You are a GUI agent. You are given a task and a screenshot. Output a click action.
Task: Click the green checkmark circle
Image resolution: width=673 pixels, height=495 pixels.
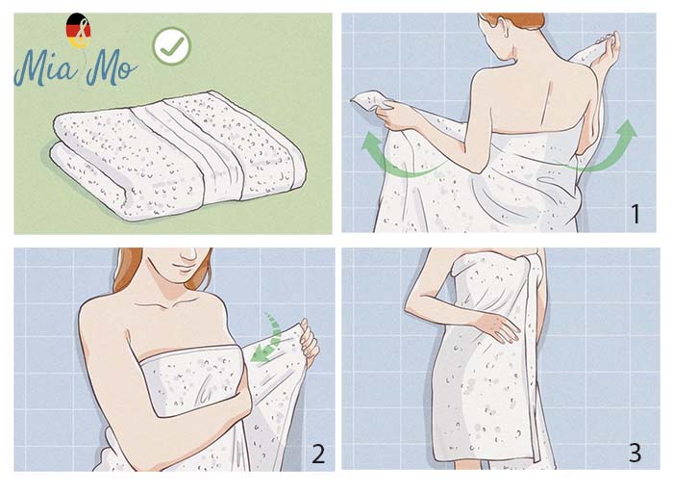click(x=172, y=46)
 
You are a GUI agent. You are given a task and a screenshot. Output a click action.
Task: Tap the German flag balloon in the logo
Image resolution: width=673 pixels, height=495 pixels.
click(x=78, y=30)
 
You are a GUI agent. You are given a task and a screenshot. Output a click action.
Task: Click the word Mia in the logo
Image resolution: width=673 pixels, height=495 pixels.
click(x=46, y=68)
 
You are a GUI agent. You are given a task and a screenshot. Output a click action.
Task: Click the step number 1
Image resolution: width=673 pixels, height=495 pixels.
click(x=636, y=214)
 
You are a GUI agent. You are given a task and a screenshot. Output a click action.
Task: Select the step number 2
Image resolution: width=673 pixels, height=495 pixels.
click(x=318, y=454)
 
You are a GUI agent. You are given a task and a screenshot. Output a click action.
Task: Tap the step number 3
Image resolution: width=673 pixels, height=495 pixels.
click(x=636, y=453)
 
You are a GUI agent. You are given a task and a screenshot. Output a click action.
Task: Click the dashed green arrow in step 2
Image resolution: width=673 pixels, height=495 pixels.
click(x=268, y=340)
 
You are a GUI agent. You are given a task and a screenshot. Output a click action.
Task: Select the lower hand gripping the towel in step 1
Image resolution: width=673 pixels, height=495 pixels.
click(x=397, y=115)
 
